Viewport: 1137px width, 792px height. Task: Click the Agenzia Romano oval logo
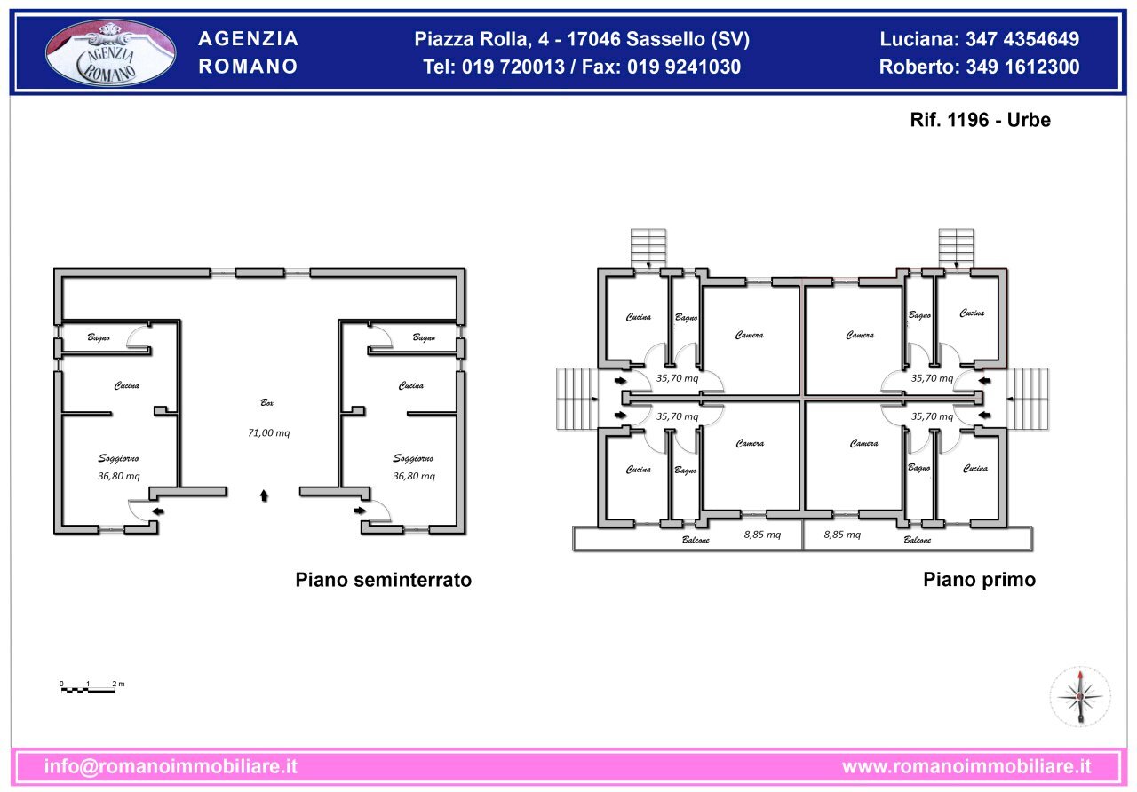click(x=110, y=53)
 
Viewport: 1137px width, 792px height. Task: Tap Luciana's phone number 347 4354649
click(x=1022, y=39)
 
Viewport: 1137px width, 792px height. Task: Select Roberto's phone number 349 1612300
click(x=1022, y=67)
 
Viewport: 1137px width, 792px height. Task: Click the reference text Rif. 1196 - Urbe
click(x=980, y=120)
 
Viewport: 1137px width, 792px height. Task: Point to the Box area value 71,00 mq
click(x=268, y=433)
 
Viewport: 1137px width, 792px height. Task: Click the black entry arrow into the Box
click(x=264, y=495)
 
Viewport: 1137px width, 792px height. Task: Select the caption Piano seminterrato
click(x=383, y=581)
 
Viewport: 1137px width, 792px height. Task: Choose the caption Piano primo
click(x=979, y=581)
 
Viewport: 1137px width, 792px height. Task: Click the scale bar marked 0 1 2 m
click(x=89, y=688)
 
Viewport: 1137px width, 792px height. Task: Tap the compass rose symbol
click(x=1080, y=696)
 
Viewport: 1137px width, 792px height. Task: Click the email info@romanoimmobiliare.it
click(x=171, y=766)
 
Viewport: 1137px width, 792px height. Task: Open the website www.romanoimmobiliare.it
click(x=966, y=766)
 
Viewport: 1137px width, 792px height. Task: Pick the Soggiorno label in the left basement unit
click(x=118, y=459)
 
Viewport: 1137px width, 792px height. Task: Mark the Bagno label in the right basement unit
click(x=424, y=337)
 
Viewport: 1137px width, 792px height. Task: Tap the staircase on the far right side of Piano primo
click(x=1027, y=398)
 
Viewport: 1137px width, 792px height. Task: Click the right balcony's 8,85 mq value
click(x=842, y=535)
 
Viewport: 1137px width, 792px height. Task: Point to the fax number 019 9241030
click(x=684, y=67)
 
